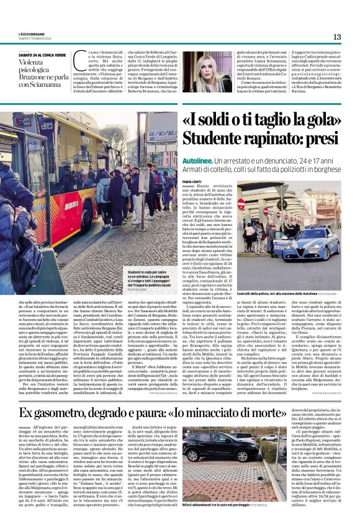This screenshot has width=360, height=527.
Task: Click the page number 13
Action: (337, 37)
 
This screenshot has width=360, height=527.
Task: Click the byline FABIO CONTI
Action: (193, 181)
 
